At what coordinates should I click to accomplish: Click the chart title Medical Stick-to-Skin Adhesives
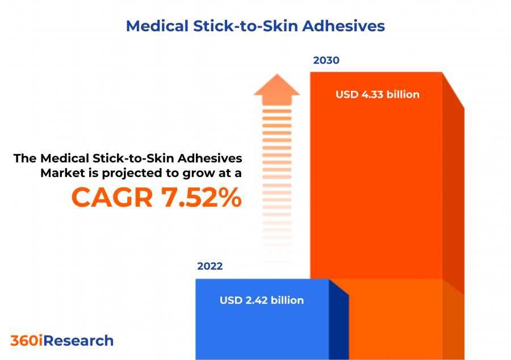[x=255, y=26]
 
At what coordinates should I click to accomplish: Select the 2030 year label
[x=326, y=60]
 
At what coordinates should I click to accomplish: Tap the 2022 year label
[x=210, y=266]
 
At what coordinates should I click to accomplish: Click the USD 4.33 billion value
[x=377, y=94]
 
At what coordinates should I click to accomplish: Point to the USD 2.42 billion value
[x=261, y=300]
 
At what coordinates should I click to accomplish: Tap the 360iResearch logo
[x=62, y=341]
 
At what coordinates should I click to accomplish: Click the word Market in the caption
[x=60, y=173]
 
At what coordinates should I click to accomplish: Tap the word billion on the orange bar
[x=403, y=94]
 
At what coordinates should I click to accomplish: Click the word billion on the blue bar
[x=287, y=300]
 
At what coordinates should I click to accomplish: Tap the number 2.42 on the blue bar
[x=254, y=300]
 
